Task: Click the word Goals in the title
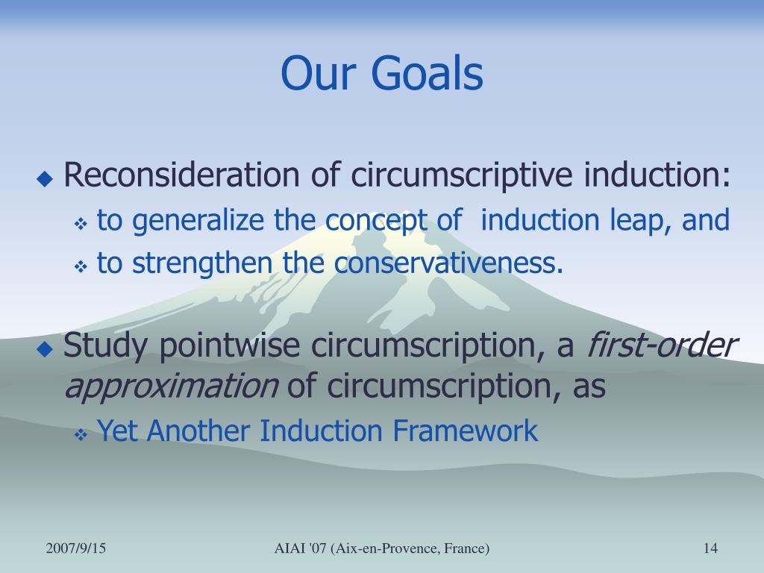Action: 427,73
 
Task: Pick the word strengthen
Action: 202,263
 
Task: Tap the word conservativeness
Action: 448,263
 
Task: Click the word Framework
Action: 466,430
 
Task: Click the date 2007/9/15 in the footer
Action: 75,548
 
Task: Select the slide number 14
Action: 710,548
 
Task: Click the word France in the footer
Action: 469,548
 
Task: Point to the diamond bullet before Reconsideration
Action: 45,179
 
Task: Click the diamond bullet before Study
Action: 45,349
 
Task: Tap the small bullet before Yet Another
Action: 81,435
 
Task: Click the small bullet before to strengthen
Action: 81,266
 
